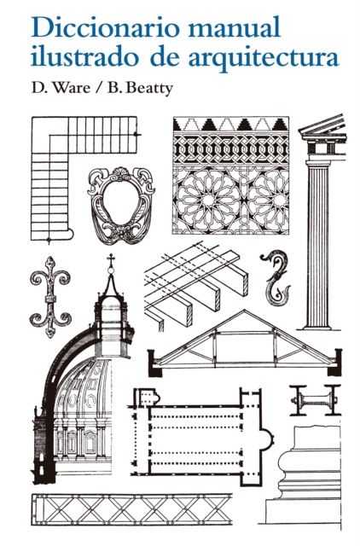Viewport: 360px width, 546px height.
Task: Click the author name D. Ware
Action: tap(61, 88)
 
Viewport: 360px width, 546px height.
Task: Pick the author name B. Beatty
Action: tap(140, 88)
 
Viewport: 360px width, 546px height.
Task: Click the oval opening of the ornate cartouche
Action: tap(121, 204)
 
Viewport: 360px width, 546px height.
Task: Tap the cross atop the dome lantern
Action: tap(111, 259)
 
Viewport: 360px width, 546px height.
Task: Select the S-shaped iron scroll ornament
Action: tap(275, 277)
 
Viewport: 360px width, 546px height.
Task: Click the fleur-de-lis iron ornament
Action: tap(51, 297)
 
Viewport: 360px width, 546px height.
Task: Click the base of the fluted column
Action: tap(316, 326)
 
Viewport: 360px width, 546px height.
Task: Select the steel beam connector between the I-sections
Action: tap(315, 400)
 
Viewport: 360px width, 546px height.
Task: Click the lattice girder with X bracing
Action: tap(131, 509)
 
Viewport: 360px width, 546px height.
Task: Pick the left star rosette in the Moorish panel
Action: tap(208, 200)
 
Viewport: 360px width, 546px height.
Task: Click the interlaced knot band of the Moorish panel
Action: tap(231, 149)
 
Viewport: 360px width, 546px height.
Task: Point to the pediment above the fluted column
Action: tap(322, 127)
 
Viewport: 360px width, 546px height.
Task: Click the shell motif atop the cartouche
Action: tap(120, 172)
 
